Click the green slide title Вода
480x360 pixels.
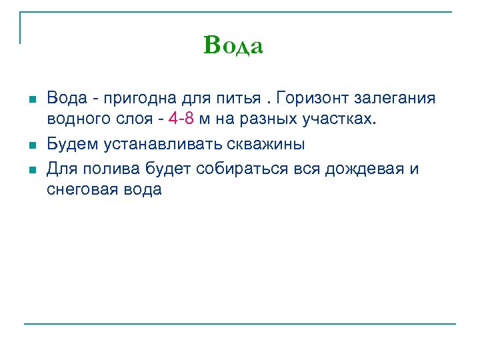pos(234,46)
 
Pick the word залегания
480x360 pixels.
pos(399,99)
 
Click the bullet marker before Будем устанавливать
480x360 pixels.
pos(31,145)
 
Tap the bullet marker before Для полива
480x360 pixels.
pos(31,169)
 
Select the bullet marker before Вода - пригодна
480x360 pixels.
pos(31,99)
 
